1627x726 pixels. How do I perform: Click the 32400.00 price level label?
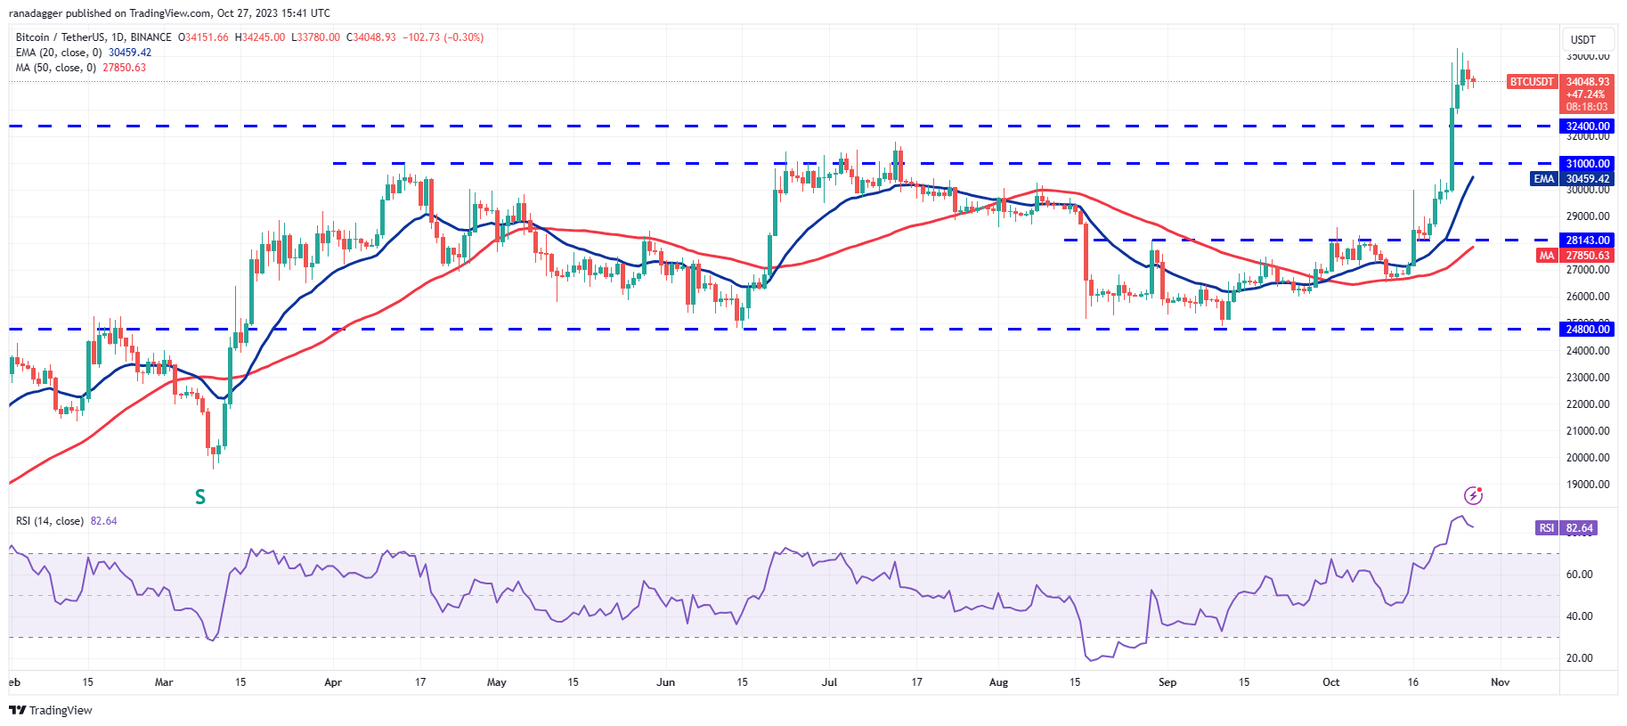pos(1588,126)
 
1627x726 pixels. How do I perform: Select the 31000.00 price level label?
pos(1588,164)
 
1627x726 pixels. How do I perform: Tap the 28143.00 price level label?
pos(1588,241)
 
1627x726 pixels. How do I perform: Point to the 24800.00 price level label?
pos(1588,330)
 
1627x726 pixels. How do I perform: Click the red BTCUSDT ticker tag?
pos(1532,82)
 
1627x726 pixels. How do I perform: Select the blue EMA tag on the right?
pos(1543,179)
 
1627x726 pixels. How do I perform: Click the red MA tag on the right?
pos(1547,256)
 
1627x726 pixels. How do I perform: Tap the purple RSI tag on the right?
pos(1547,528)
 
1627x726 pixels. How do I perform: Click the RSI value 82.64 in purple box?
pos(1579,528)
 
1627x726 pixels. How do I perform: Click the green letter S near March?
pos(200,497)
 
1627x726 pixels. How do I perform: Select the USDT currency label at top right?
pos(1582,40)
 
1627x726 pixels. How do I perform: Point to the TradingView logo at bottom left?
pos(51,710)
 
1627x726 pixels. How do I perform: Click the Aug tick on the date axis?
pos(998,682)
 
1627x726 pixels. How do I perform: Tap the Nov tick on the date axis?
pos(1500,682)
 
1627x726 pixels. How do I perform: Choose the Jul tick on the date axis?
pos(829,682)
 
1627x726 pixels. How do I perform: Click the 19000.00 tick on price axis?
pos(1588,485)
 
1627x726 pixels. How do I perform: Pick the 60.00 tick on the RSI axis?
pos(1579,575)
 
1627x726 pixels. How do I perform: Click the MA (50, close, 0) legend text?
pos(55,68)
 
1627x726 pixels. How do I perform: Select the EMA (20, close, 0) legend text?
pos(58,53)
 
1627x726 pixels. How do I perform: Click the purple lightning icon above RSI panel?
pos(1474,495)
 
